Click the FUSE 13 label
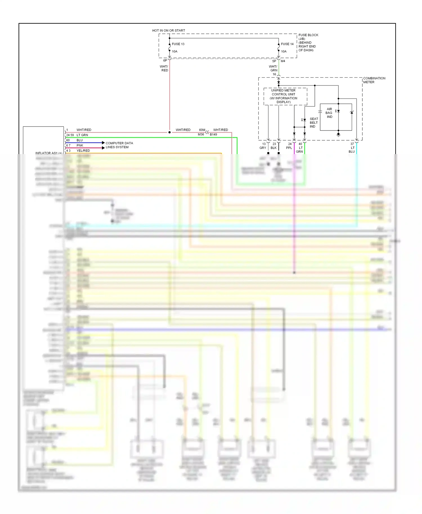coord(178,44)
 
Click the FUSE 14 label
coord(287,44)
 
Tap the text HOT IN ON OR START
coord(169,30)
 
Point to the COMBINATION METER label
coord(374,80)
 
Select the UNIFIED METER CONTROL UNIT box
coord(285,96)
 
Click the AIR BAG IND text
coord(329,113)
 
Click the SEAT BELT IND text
coord(314,123)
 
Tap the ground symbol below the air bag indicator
coord(338,135)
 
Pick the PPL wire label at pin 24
coord(289,148)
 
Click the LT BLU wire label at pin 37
coord(352,150)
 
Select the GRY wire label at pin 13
coord(262,148)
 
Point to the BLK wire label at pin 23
coord(273,148)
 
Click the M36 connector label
coord(201,134)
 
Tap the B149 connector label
coord(214,134)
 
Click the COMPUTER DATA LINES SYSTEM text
coord(119,145)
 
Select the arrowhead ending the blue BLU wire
coord(103,143)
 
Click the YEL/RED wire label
coord(83,151)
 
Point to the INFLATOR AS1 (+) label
coord(49,153)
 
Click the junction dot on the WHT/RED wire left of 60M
coord(169,132)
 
